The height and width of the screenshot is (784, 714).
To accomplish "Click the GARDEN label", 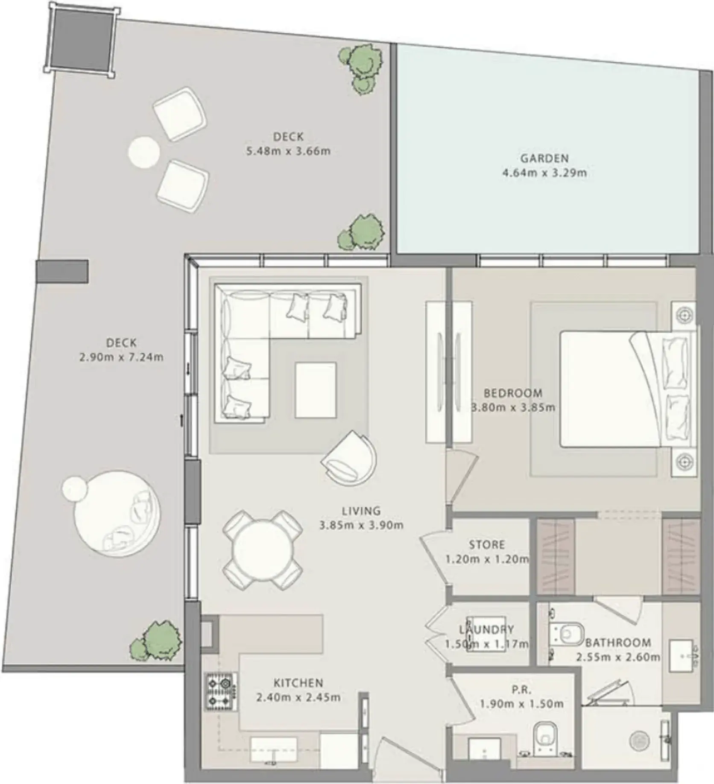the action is click(544, 158).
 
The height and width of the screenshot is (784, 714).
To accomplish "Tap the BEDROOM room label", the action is click(513, 393).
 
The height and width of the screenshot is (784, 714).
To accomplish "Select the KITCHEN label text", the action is click(298, 683).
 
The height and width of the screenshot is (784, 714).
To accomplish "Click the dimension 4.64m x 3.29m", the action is click(544, 173).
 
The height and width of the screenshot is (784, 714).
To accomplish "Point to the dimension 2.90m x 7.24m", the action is click(122, 357).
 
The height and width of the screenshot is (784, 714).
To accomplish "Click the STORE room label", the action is click(487, 545).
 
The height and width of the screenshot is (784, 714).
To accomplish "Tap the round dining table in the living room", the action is click(262, 551).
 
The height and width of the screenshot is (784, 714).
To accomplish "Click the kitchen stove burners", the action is click(221, 692).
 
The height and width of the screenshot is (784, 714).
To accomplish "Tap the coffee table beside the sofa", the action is click(315, 390).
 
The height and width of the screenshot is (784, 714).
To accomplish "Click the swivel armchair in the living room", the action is click(349, 457).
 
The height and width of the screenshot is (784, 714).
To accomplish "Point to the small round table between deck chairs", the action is click(144, 151).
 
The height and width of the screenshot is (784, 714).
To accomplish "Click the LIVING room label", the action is click(361, 511).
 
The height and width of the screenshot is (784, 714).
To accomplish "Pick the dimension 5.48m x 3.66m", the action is click(288, 151).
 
